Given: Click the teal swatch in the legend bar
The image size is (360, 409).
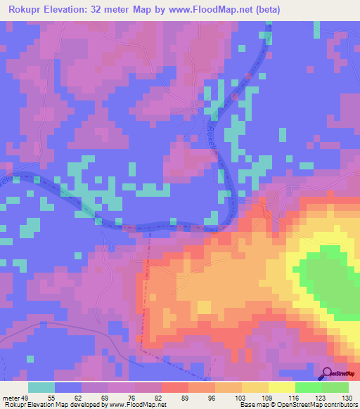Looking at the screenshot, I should (x=41, y=387).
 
